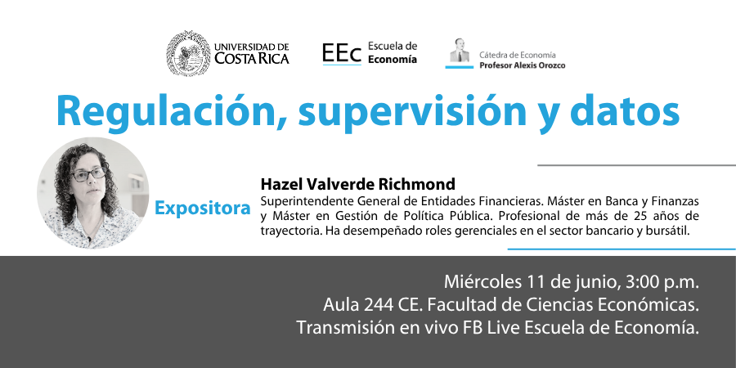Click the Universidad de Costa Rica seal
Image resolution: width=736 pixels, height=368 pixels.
(188, 53)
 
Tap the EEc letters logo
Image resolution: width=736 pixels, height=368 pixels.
(342, 53)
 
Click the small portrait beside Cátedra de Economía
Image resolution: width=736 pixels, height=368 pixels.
(460, 51)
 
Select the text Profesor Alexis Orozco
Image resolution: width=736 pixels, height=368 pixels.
(522, 65)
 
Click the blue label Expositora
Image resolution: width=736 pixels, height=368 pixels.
(203, 209)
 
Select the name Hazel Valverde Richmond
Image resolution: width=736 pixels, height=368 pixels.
(357, 183)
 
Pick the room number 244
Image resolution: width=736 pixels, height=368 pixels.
(379, 305)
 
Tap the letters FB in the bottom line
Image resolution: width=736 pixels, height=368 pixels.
(470, 328)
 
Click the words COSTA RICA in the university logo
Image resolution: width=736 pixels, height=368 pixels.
(252, 58)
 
